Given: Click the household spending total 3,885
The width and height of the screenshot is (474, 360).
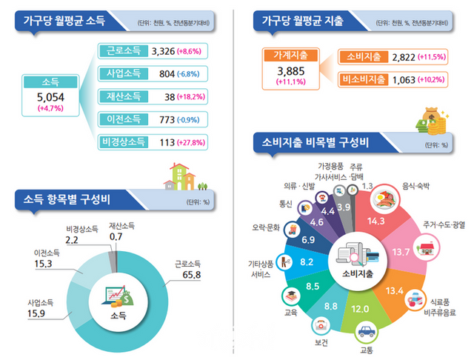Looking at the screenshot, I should pyautogui.click(x=290, y=70).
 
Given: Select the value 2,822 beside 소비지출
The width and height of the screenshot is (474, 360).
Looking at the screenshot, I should pyautogui.click(x=394, y=56).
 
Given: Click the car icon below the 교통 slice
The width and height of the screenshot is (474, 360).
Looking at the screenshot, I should pyautogui.click(x=364, y=331).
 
